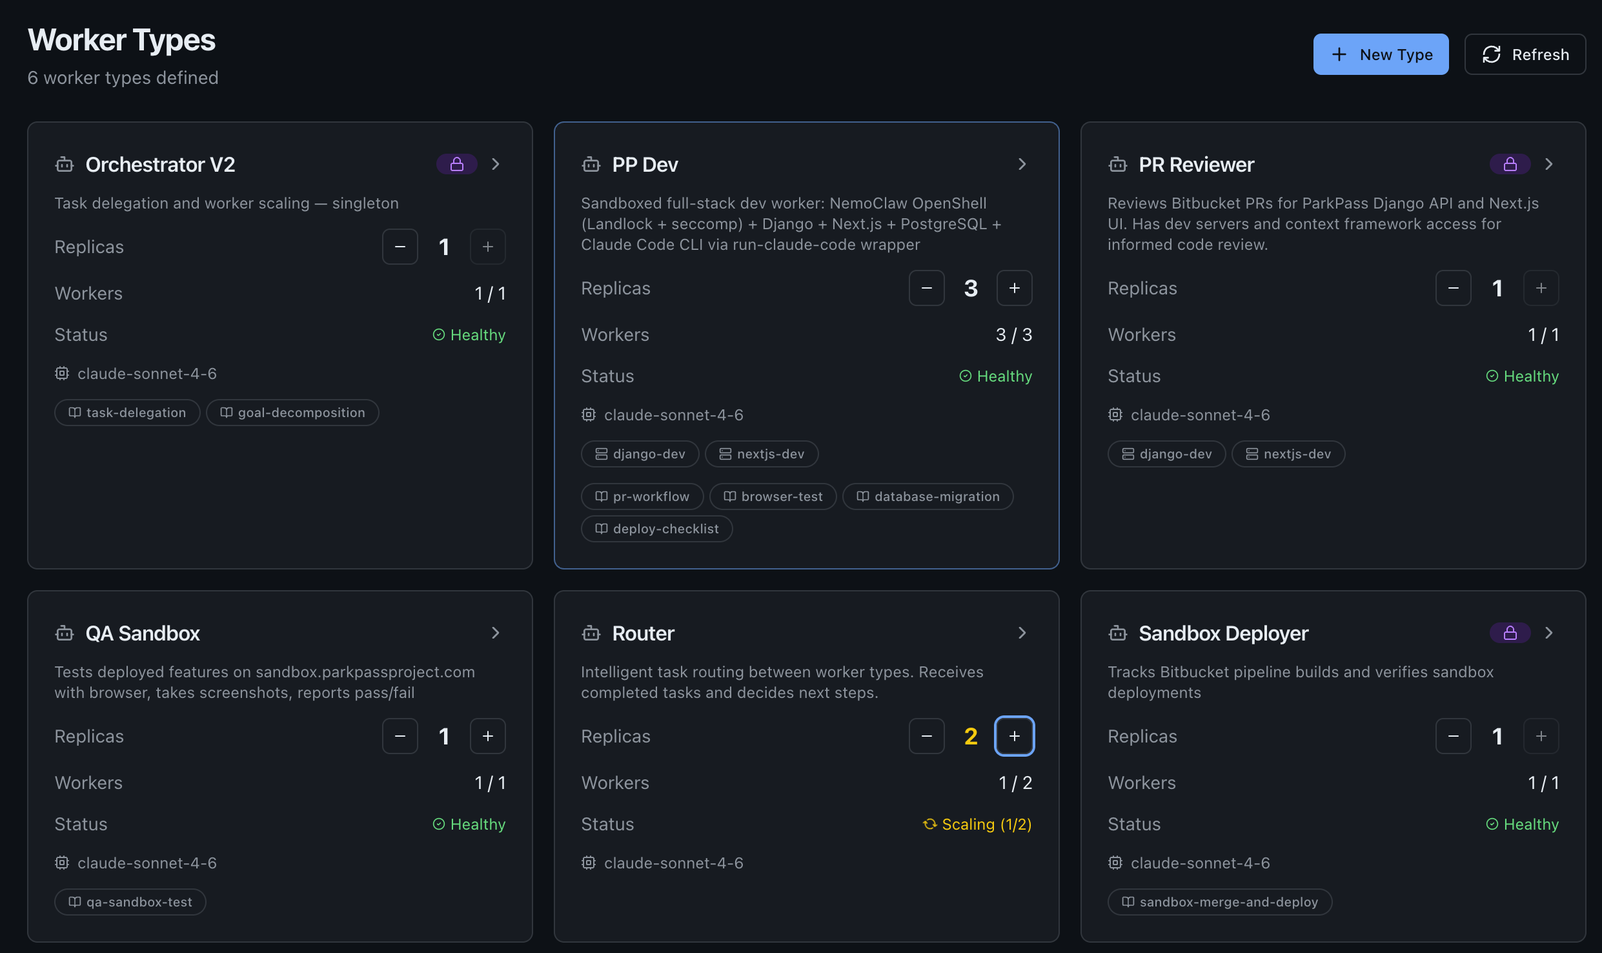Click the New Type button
[x=1381, y=54]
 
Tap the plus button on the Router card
[x=1014, y=736]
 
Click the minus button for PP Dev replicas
[x=926, y=288]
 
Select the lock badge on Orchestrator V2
[x=456, y=164]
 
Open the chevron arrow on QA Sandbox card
[x=495, y=633]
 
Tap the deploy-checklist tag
[x=657, y=529]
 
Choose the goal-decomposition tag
[x=292, y=413]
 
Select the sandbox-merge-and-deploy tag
[x=1220, y=902]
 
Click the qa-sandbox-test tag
[x=130, y=902]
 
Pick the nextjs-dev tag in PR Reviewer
[x=1288, y=454]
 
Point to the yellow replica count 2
[x=970, y=736]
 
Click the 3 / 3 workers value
[x=1013, y=334]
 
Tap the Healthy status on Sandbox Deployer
[x=1523, y=825]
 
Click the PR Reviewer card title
[x=1196, y=165]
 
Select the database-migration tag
[x=928, y=497]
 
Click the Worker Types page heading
[x=121, y=40]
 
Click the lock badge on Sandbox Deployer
[x=1510, y=633]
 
